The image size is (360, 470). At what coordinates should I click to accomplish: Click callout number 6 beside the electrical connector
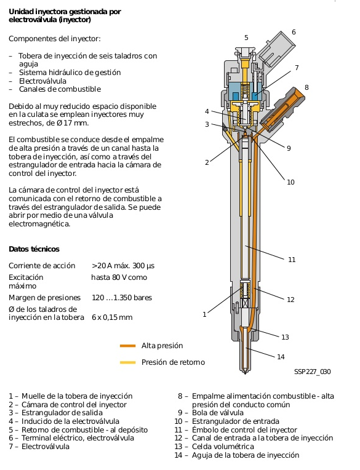(294, 32)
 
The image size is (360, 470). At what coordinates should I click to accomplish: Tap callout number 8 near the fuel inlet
(306, 87)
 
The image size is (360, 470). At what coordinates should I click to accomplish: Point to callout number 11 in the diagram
(292, 260)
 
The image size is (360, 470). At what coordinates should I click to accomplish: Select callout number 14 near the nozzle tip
(281, 357)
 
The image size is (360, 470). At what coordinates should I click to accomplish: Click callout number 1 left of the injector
(204, 314)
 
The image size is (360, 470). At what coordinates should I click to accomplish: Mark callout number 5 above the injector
(246, 38)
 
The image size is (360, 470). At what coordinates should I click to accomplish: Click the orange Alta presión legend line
(128, 346)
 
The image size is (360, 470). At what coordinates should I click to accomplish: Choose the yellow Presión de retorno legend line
(128, 362)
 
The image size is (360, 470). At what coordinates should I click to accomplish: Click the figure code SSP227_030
(313, 372)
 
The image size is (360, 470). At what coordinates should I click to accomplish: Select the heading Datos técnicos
(34, 249)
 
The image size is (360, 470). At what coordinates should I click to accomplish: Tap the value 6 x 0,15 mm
(112, 317)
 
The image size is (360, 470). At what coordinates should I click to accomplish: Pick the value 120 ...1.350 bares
(122, 298)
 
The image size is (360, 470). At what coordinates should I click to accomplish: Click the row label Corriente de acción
(42, 266)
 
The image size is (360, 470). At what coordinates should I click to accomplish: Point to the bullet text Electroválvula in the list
(42, 81)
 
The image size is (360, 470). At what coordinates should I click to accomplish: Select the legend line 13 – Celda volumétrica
(214, 447)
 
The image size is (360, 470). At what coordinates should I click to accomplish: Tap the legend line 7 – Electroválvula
(39, 447)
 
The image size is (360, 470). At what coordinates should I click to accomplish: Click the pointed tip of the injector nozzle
(245, 373)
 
